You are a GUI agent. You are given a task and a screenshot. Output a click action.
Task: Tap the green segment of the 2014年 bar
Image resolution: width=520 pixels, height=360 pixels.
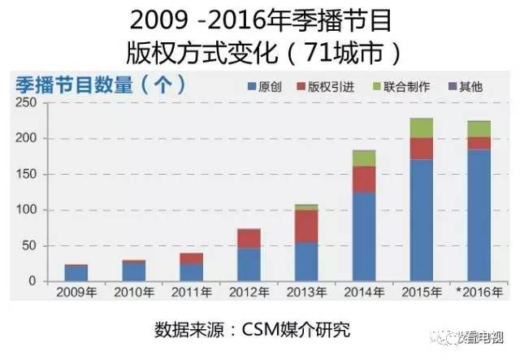(x=363, y=158)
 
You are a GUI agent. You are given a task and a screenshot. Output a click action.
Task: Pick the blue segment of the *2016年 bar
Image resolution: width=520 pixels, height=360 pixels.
(x=479, y=215)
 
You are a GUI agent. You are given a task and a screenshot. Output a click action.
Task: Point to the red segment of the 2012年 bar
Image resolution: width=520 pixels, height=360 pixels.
(x=249, y=238)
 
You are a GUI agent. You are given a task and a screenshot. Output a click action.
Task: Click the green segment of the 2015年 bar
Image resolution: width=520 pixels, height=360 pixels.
(x=421, y=128)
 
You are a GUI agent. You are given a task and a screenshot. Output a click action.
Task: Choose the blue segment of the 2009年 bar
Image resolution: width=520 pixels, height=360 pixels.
(x=76, y=273)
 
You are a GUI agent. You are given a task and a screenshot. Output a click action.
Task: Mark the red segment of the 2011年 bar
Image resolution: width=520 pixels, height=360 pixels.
(x=191, y=258)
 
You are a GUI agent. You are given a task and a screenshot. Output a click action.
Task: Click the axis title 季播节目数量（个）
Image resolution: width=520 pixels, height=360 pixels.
(x=98, y=84)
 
